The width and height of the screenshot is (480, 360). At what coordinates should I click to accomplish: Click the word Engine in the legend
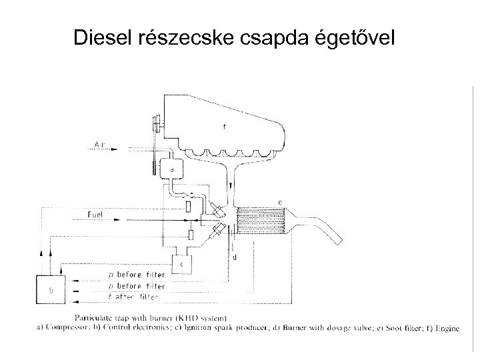(x=446, y=328)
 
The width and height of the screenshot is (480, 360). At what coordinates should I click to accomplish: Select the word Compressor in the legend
(x=103, y=328)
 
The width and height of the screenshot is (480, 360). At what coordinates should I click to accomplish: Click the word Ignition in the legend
(x=223, y=328)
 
